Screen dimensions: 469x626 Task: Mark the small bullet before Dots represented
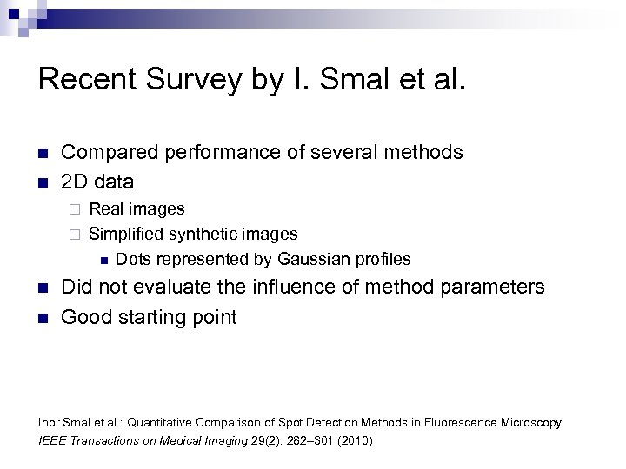pos(102,259)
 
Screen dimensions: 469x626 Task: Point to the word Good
pos(84,316)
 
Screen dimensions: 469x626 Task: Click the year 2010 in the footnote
pos(352,440)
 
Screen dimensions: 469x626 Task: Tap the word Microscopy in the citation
pos(532,423)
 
